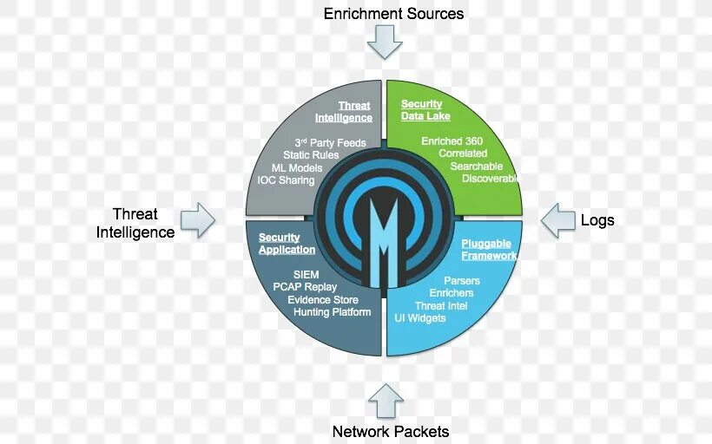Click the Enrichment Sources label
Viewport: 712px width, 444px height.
click(x=393, y=14)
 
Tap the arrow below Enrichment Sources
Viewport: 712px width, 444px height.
click(x=385, y=41)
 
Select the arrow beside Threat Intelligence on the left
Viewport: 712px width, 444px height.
click(x=199, y=219)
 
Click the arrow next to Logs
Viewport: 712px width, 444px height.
click(x=557, y=220)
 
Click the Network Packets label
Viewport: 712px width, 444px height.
click(x=391, y=431)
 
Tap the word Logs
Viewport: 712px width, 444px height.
click(x=597, y=220)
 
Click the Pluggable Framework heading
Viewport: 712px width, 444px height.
click(x=489, y=250)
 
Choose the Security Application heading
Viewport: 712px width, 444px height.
click(x=287, y=244)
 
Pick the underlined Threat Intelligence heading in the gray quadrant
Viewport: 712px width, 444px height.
click(x=344, y=112)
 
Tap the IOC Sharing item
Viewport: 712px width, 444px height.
click(x=286, y=180)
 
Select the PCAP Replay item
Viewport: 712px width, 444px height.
click(x=305, y=287)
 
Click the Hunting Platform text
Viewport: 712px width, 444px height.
click(x=332, y=312)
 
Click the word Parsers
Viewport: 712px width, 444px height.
click(x=462, y=281)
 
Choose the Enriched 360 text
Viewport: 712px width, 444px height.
click(x=452, y=140)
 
